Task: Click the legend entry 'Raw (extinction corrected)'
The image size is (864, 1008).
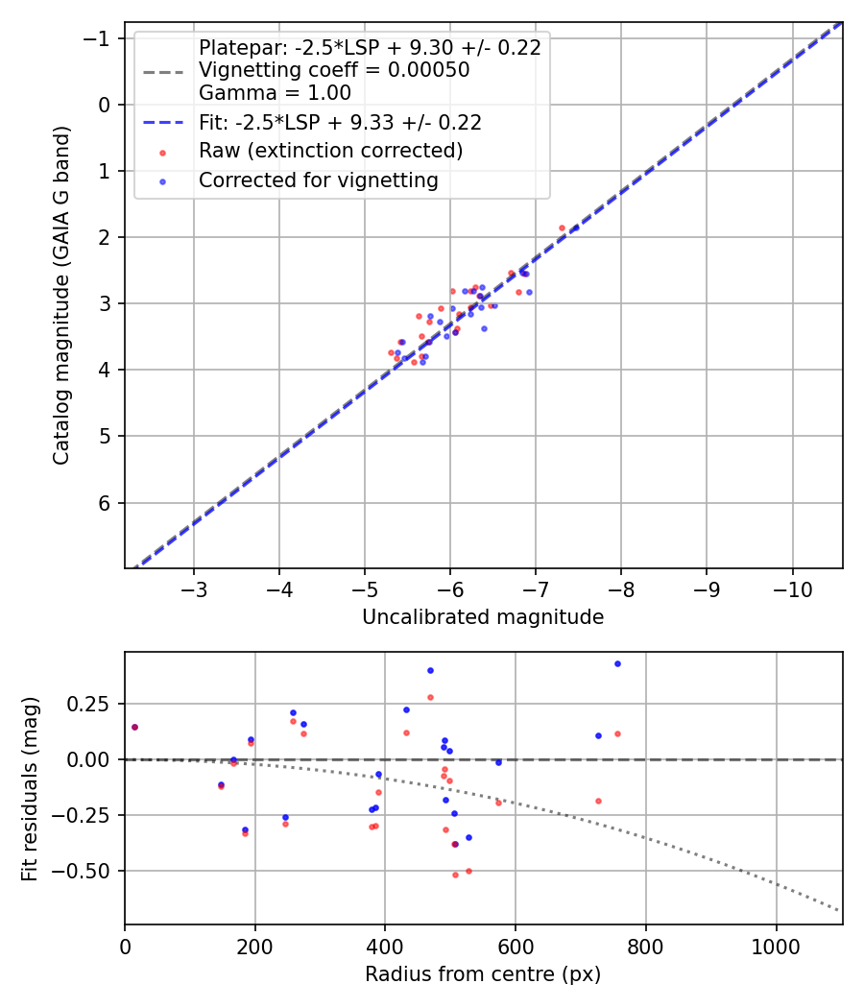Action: (330, 151)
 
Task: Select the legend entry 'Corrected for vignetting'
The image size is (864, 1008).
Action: (318, 180)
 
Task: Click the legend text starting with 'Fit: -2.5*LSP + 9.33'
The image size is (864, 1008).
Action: (340, 122)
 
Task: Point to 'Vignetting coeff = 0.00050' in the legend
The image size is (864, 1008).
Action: (334, 70)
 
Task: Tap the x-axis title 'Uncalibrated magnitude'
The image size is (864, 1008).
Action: (483, 617)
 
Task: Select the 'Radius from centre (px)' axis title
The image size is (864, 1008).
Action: (483, 974)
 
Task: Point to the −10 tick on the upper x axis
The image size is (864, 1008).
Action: (792, 587)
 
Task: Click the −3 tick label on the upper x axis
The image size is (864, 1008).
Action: (194, 587)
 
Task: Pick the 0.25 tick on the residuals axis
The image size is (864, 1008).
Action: (96, 704)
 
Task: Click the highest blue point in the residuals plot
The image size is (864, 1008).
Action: (617, 663)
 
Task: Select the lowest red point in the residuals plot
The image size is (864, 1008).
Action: (455, 875)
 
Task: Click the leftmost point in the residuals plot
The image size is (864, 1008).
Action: (134, 727)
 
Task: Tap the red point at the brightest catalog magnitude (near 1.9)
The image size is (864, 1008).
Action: (563, 228)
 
